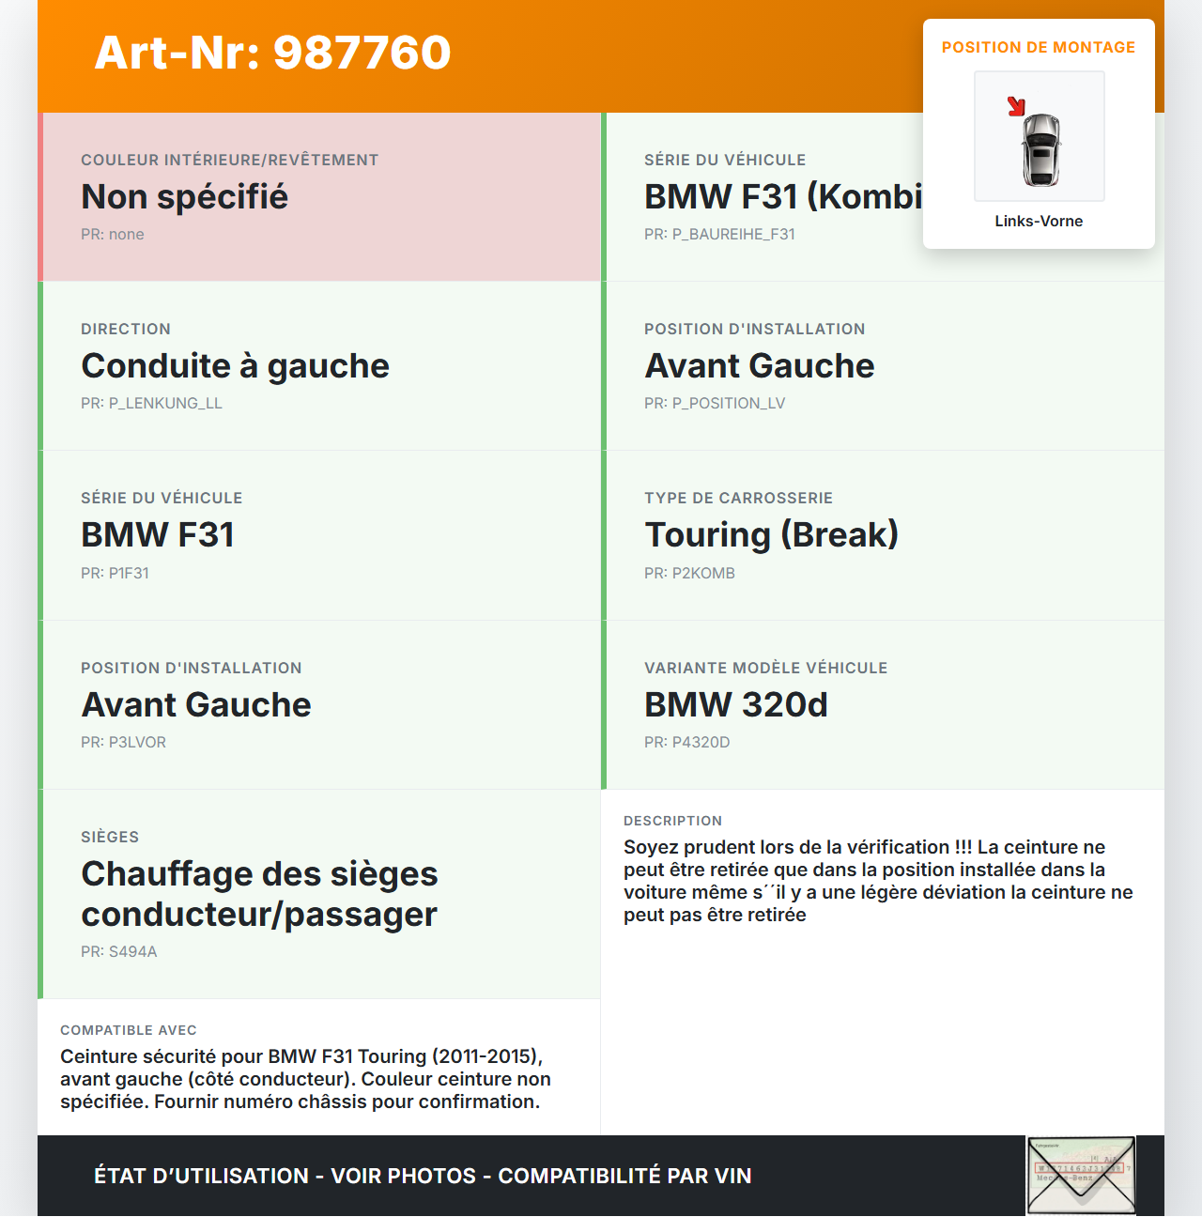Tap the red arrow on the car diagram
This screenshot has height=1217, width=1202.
[1016, 106]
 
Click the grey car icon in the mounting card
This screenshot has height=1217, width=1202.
[1040, 149]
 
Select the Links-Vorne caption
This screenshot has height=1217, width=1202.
[1039, 222]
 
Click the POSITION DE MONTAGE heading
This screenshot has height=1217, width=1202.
[1039, 48]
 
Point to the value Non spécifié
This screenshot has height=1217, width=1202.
[184, 197]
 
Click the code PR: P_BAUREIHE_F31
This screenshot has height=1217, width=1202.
[719, 235]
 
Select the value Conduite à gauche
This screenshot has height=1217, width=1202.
[235, 366]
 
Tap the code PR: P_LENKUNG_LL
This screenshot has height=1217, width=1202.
[151, 404]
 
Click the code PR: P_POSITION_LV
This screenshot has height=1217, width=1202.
[715, 404]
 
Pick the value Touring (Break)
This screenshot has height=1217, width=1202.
[771, 535]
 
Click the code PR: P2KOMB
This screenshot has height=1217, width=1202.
[689, 574]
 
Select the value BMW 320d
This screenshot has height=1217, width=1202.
[736, 705]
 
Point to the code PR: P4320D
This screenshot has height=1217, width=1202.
[686, 743]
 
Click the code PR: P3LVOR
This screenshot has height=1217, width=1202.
[123, 743]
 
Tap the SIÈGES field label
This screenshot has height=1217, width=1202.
[110, 838]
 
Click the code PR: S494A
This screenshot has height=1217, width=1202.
[118, 952]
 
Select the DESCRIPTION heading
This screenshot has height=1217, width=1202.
[672, 822]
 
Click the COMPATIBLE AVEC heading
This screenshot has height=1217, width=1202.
[129, 1031]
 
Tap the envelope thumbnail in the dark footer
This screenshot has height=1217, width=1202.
[1081, 1176]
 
